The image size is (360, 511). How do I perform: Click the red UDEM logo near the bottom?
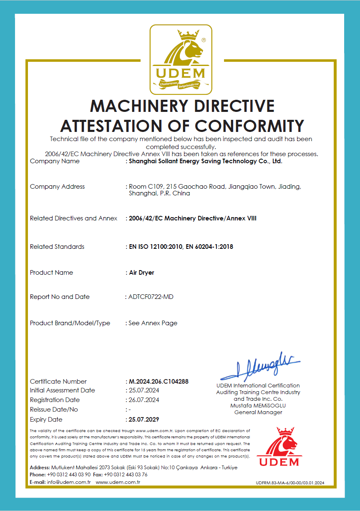click(279, 447)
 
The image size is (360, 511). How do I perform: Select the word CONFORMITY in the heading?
click(249, 126)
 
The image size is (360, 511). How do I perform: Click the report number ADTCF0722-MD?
click(151, 297)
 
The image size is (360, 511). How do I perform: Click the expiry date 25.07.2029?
click(144, 420)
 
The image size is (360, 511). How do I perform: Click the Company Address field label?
click(57, 187)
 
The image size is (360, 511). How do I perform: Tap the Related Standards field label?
click(57, 247)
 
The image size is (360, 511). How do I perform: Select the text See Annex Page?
click(153, 323)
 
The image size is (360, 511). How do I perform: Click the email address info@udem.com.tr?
click(69, 482)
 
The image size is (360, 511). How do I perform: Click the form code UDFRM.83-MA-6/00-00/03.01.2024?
click(290, 483)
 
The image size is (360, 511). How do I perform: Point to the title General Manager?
click(258, 412)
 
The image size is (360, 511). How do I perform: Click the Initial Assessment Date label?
click(63, 390)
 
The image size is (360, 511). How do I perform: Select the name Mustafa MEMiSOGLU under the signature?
click(258, 406)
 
